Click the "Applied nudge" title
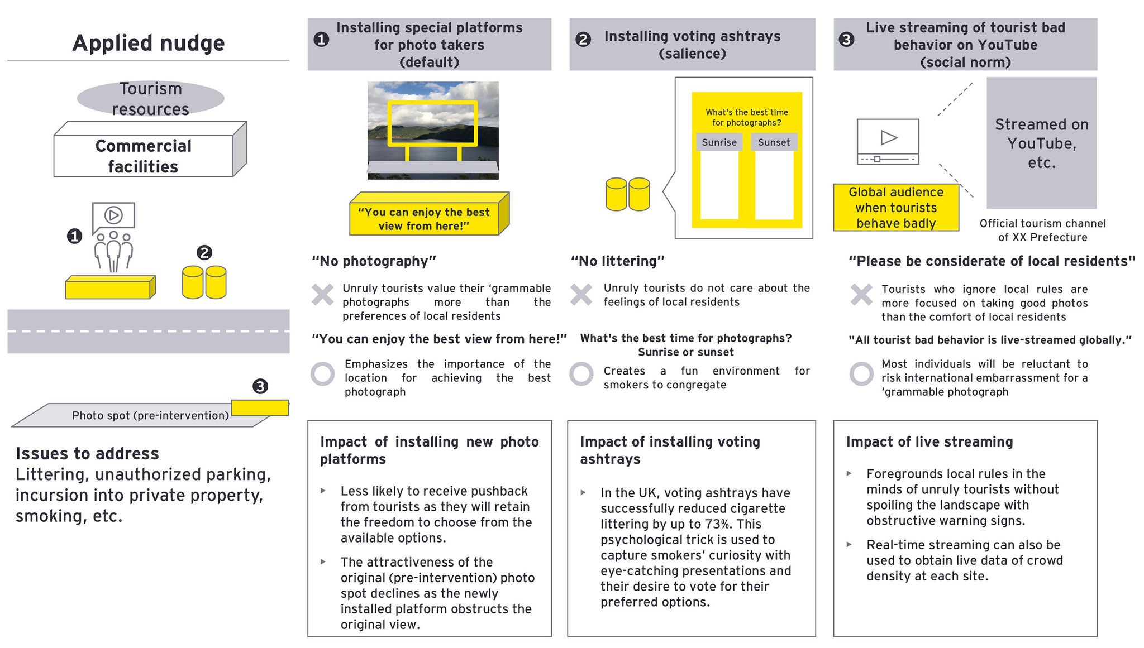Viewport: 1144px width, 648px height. click(x=149, y=43)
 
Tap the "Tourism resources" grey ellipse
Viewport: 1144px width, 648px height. click(x=150, y=98)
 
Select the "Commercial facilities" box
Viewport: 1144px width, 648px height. click(x=143, y=156)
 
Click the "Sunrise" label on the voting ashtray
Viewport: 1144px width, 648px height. click(x=719, y=142)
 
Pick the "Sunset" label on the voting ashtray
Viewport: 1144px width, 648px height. click(x=774, y=142)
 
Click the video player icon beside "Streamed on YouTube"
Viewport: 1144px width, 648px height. click(x=888, y=142)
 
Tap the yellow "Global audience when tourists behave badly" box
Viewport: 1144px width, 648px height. click(x=896, y=208)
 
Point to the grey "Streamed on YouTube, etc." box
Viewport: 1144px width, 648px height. click(x=1041, y=143)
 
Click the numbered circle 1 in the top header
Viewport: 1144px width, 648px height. click(x=321, y=39)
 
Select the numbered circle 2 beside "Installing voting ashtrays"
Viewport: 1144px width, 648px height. click(x=583, y=39)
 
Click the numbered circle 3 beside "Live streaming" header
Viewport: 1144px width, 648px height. click(x=846, y=39)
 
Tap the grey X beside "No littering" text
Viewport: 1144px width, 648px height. click(x=581, y=294)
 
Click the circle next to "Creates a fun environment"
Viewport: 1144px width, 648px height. click(x=581, y=374)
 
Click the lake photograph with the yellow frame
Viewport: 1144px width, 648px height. click(x=433, y=130)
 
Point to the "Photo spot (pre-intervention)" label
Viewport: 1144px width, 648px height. click(x=150, y=415)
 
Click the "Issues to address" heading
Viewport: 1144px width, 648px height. click(x=87, y=453)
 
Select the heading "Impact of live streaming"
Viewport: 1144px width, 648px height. click(x=929, y=442)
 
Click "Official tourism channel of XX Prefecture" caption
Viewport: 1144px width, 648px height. click(x=1042, y=230)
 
